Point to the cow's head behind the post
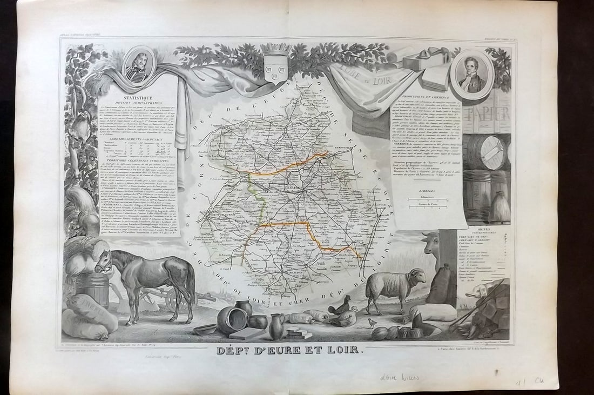431,245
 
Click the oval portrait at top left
138,65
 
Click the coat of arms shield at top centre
275,69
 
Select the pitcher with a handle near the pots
276,326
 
